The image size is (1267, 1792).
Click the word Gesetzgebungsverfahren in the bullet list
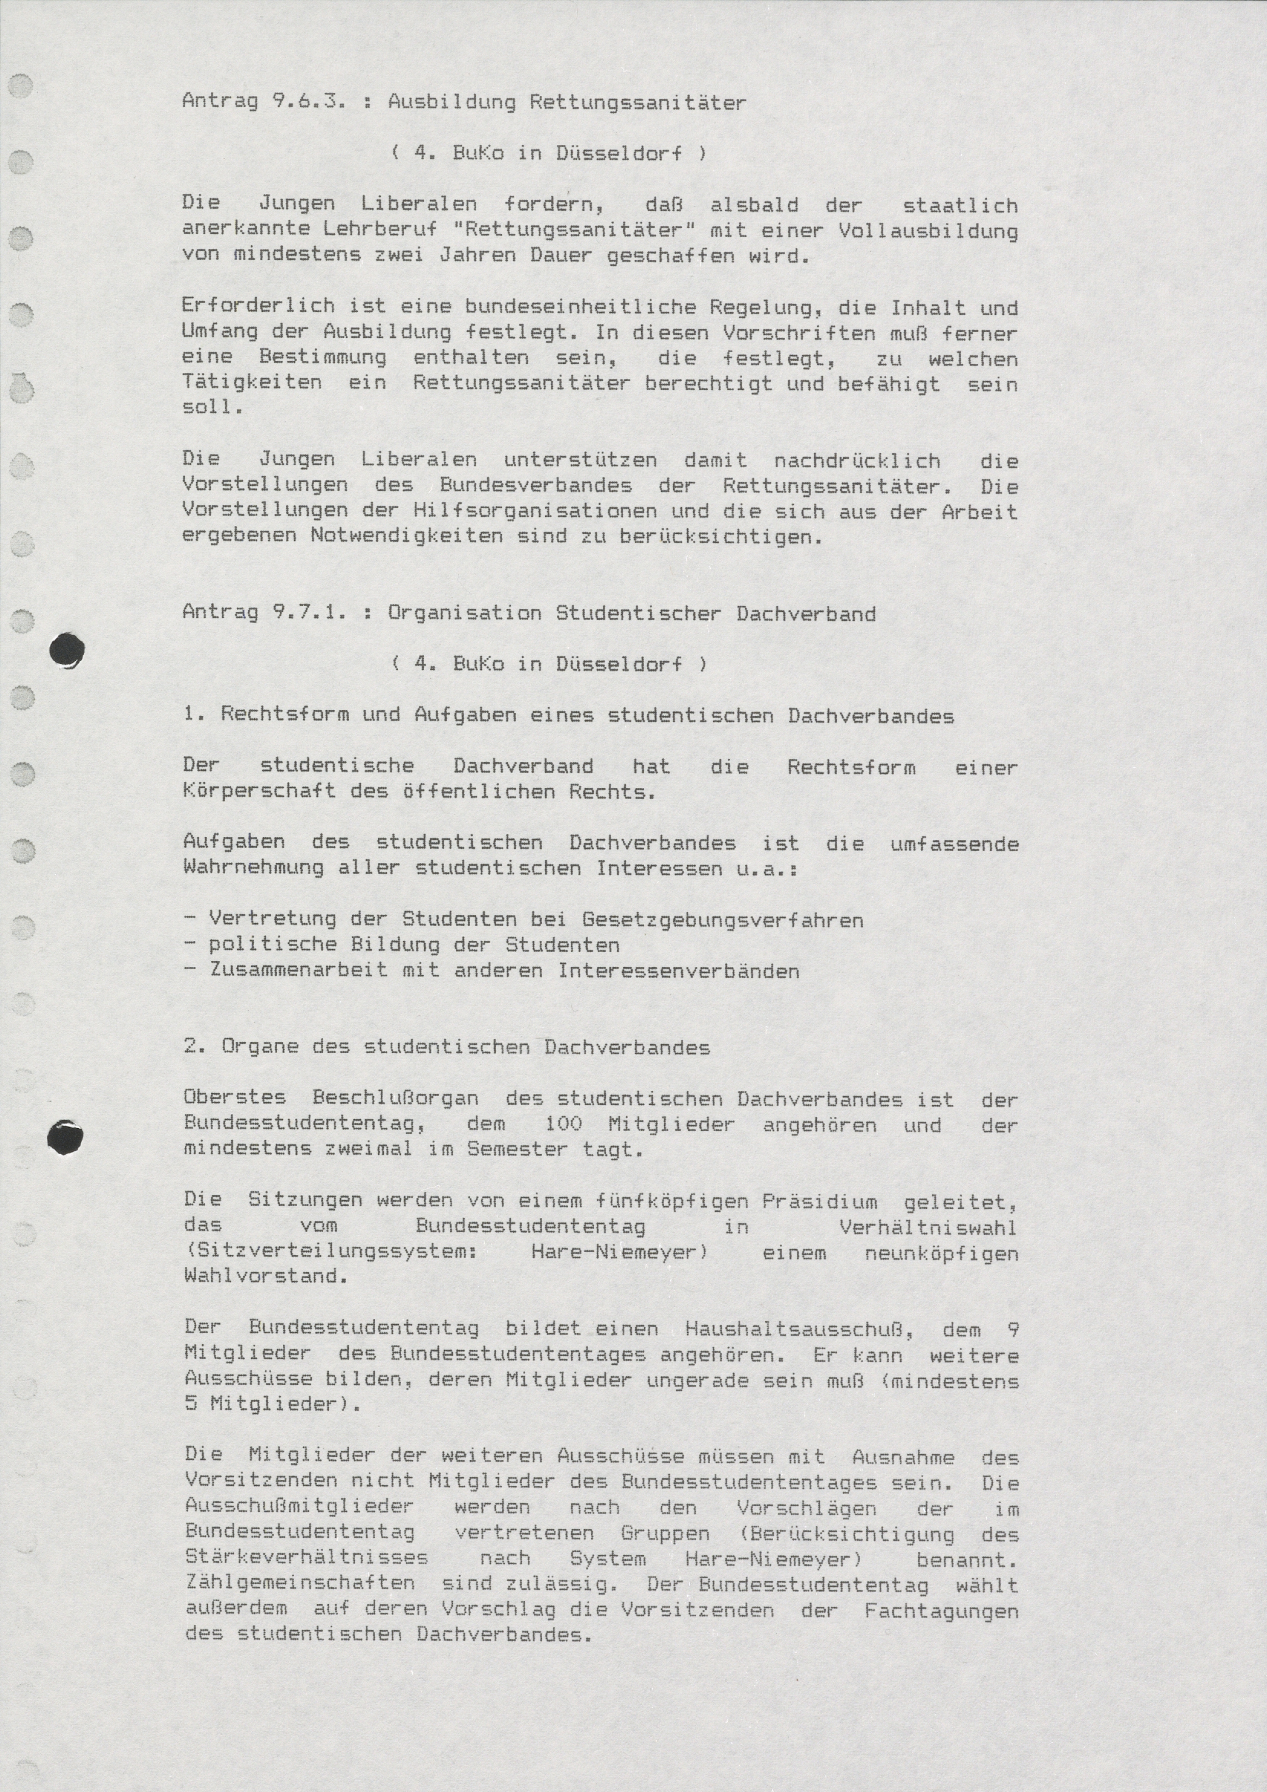[x=722, y=920]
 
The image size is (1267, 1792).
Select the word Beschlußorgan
[x=395, y=1098]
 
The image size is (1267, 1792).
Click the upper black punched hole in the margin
[x=66, y=650]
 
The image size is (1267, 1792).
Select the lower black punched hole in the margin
[x=65, y=1138]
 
